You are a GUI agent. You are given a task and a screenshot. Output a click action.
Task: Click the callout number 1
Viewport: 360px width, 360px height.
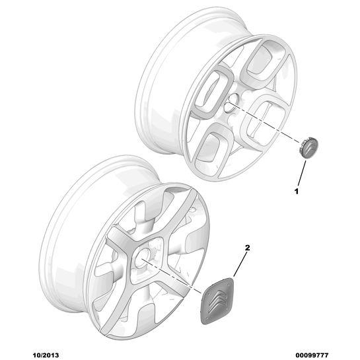pyautogui.click(x=297, y=192)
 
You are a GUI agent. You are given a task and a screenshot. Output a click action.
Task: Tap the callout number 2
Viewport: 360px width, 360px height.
pyautogui.click(x=247, y=248)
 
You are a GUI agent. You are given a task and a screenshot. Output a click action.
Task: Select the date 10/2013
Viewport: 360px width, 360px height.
pyautogui.click(x=46, y=355)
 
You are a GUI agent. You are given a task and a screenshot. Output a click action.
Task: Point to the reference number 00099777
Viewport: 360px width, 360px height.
pyautogui.click(x=312, y=355)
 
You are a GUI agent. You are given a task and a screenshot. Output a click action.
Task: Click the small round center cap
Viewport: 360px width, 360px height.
pyautogui.click(x=308, y=147)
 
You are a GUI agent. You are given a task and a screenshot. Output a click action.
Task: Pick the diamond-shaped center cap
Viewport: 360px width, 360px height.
pyautogui.click(x=217, y=301)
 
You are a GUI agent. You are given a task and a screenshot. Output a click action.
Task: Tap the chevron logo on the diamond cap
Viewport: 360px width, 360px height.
pyautogui.click(x=219, y=301)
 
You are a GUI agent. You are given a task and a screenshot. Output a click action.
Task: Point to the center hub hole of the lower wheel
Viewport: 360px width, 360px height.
pyautogui.click(x=142, y=258)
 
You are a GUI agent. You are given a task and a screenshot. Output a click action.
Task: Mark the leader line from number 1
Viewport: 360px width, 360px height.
pyautogui.click(x=302, y=173)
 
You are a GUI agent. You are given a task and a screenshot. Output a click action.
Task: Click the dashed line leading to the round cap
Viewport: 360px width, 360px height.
pyautogui.click(x=264, y=122)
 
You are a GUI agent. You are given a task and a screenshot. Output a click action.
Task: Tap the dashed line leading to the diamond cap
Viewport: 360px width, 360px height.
pyautogui.click(x=172, y=276)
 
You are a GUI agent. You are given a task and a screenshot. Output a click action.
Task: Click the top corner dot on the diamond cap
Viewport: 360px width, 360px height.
pyautogui.click(x=230, y=281)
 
